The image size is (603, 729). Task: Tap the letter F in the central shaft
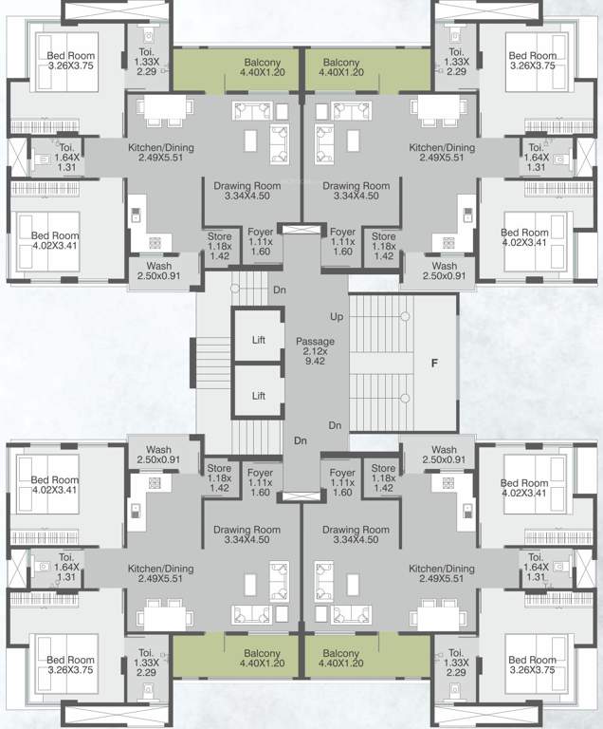coord(435,362)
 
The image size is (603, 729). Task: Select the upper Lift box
coord(259,338)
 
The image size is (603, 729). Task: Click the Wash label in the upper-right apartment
coord(443,271)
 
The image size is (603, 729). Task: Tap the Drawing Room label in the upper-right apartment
coord(356,191)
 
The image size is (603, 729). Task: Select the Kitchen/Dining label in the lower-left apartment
coord(160,573)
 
